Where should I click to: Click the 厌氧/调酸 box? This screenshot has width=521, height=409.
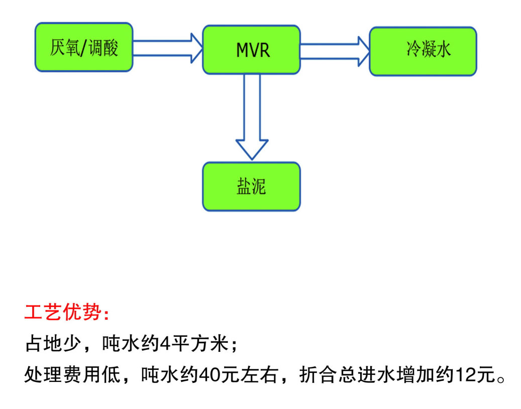(x=84, y=47)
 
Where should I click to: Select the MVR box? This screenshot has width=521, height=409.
(x=252, y=50)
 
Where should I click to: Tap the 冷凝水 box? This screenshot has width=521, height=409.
(x=423, y=52)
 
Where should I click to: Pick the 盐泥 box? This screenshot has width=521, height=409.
(x=252, y=187)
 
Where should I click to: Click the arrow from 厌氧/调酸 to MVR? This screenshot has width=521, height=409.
(x=168, y=48)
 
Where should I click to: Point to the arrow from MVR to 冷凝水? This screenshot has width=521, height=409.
(x=335, y=52)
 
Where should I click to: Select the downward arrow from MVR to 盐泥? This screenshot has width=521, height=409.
(x=252, y=117)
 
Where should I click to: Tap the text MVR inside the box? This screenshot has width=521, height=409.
(x=253, y=50)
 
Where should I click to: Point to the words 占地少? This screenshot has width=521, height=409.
(x=53, y=343)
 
